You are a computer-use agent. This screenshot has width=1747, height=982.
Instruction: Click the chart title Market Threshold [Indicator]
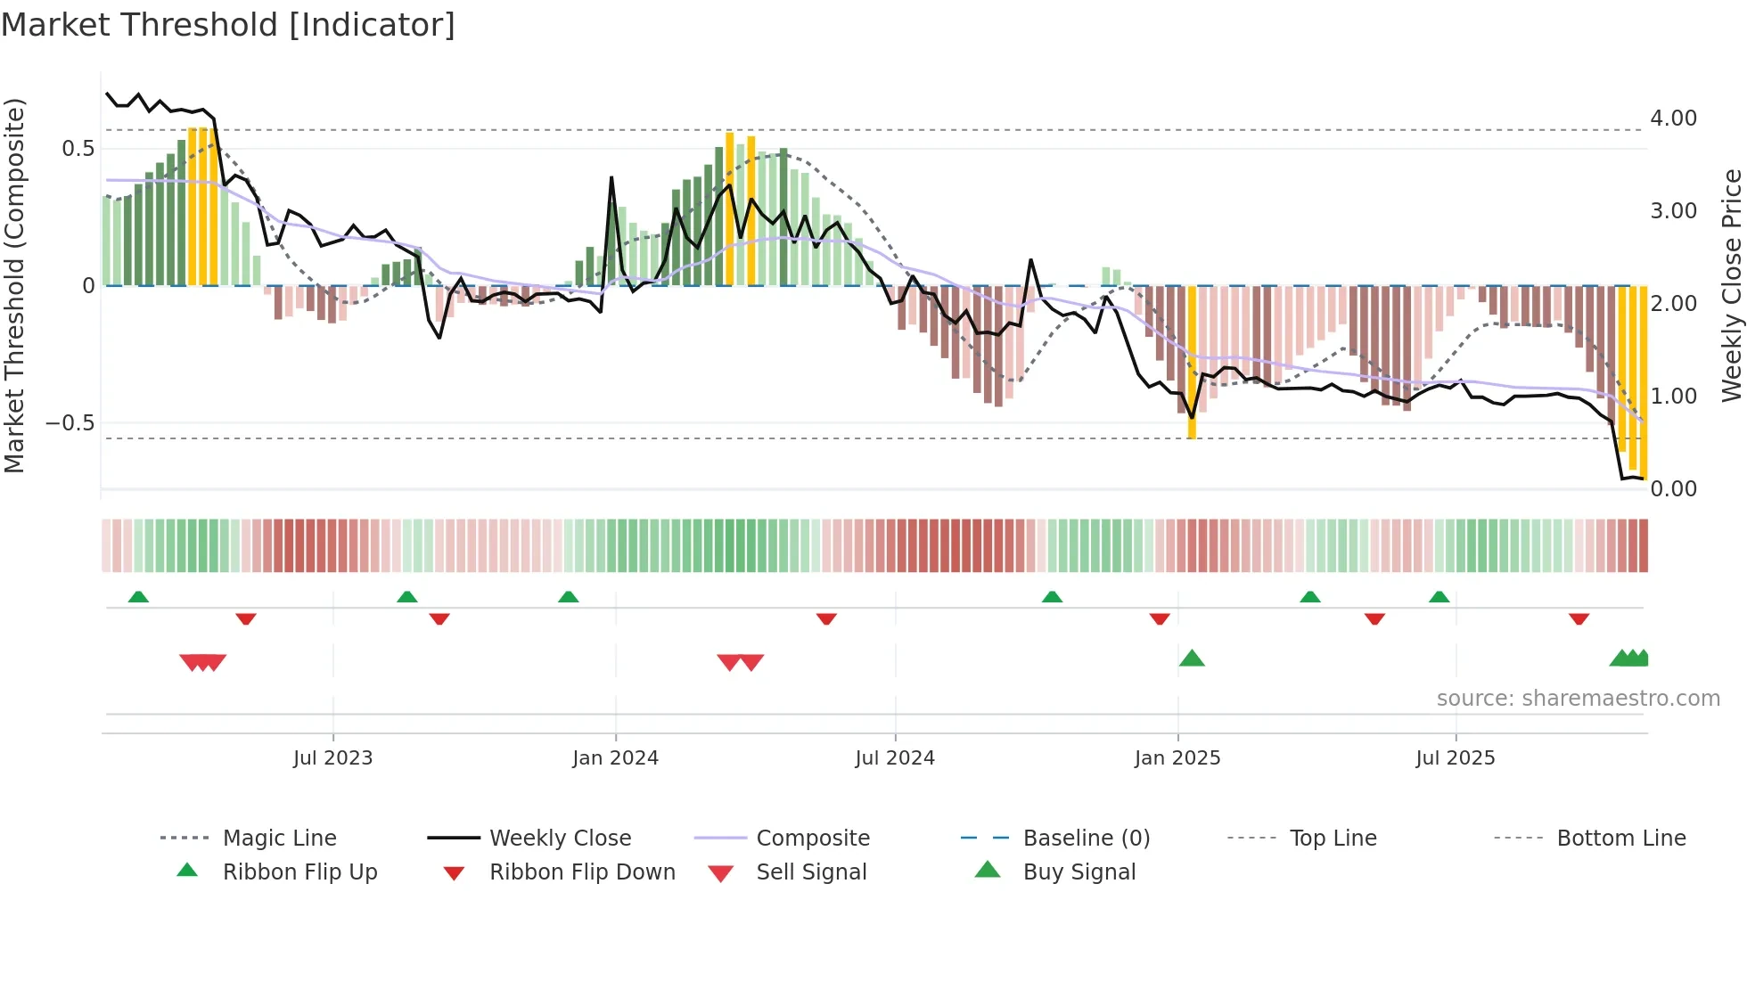tap(228, 25)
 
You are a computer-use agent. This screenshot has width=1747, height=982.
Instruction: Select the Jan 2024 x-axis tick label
tap(615, 758)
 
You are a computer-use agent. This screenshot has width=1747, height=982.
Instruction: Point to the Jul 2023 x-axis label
tap(332, 758)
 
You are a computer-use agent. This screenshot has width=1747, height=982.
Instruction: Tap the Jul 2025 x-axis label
tap(1455, 758)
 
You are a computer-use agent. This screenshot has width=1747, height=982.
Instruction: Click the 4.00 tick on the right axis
tap(1673, 119)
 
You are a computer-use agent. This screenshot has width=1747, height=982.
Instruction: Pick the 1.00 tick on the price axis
tap(1673, 397)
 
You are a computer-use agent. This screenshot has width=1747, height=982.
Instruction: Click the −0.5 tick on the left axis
tap(70, 422)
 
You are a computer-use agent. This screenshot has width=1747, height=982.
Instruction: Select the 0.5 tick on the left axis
tap(78, 149)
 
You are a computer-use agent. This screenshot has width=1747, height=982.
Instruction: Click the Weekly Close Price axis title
tap(1731, 285)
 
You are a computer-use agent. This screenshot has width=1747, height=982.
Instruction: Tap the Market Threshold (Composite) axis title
tap(14, 285)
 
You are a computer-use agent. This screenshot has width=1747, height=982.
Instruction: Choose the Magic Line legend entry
tap(279, 839)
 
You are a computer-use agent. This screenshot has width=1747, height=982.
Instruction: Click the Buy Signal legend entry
tap(1079, 872)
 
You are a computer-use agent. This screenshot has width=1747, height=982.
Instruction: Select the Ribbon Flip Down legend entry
tap(582, 872)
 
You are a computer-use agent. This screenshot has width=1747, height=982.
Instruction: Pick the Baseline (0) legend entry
tap(1086, 839)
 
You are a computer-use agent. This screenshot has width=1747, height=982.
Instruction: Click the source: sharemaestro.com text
tap(1578, 699)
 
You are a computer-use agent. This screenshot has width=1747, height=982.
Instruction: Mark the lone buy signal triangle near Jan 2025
tap(1192, 659)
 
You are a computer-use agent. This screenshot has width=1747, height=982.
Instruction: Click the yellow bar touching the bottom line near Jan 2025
tap(1192, 365)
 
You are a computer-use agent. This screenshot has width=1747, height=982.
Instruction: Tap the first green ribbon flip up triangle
tap(138, 597)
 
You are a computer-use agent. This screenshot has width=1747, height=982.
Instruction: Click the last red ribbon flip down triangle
tap(1579, 618)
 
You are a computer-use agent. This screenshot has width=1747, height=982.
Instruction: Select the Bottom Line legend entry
tap(1620, 839)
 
